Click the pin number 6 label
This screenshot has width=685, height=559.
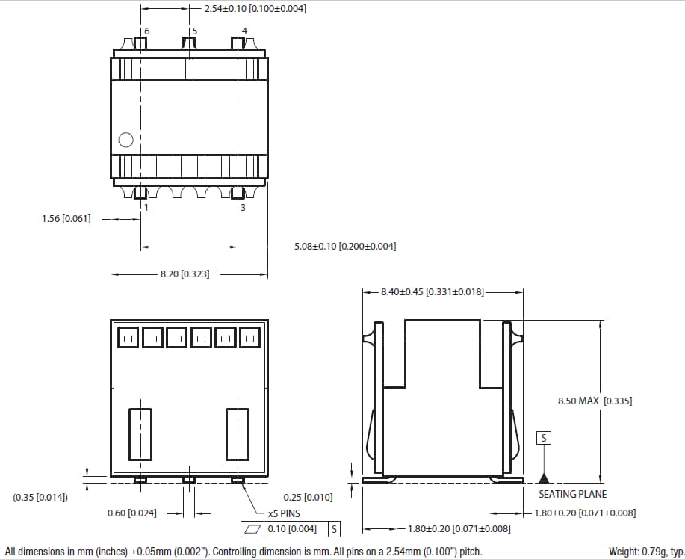click(146, 31)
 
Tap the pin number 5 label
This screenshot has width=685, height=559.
click(194, 31)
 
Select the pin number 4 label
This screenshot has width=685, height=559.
click(244, 31)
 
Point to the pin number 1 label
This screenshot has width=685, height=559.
click(146, 207)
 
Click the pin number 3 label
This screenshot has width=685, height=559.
click(242, 207)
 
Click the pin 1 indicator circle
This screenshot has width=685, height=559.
click(126, 140)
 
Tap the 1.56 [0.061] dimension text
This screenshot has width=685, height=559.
click(66, 219)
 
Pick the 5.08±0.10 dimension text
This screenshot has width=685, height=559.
click(345, 246)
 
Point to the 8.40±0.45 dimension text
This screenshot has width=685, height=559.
click(432, 291)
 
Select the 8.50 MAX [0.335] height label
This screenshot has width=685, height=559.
click(595, 401)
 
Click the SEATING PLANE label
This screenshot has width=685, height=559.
click(572, 494)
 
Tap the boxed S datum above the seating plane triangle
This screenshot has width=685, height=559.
click(544, 438)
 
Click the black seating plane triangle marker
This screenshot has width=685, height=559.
click(545, 477)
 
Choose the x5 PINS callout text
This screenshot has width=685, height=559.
click(284, 514)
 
